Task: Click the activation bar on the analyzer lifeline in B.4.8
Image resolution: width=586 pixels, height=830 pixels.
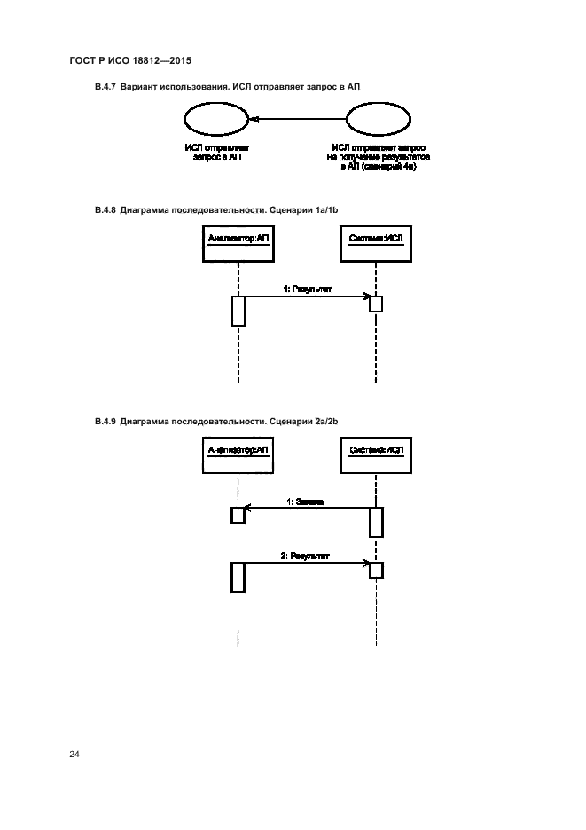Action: click(x=238, y=311)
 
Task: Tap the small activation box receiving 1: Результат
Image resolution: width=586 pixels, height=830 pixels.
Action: click(x=376, y=304)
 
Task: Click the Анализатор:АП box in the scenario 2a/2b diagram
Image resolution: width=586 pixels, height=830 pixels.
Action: click(x=238, y=453)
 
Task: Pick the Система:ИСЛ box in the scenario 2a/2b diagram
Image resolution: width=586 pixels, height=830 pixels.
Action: click(x=375, y=453)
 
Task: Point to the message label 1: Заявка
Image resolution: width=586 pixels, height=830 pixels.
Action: click(x=304, y=502)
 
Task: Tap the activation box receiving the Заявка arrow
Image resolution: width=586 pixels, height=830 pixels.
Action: click(x=238, y=515)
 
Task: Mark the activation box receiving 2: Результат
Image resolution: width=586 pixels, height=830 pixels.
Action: click(x=376, y=569)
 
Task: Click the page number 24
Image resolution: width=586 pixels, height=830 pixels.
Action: click(x=74, y=755)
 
